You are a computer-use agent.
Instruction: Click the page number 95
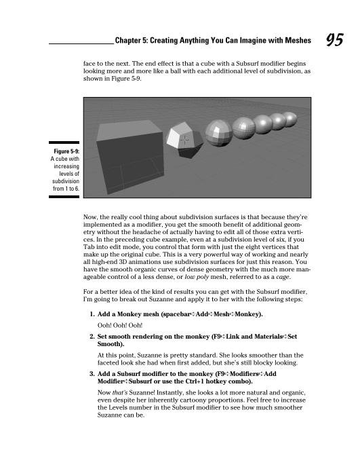[x=335, y=39]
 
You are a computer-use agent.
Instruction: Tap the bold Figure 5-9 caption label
[x=66, y=151]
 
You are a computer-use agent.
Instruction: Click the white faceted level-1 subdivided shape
[x=184, y=139]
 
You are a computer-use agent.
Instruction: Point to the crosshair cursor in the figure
[x=184, y=140]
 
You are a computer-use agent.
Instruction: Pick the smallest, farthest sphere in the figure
[x=289, y=119]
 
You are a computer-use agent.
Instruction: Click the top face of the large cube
[x=129, y=130]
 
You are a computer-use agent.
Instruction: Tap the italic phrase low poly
[x=197, y=277]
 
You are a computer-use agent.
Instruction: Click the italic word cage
[x=282, y=278]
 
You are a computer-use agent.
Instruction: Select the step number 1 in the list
[x=92, y=314]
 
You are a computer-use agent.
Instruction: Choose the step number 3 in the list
[x=92, y=374]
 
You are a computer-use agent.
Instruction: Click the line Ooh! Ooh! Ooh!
[x=120, y=326]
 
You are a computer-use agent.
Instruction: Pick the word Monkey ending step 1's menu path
[x=247, y=314]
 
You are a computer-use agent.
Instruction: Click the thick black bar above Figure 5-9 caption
[x=64, y=143]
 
